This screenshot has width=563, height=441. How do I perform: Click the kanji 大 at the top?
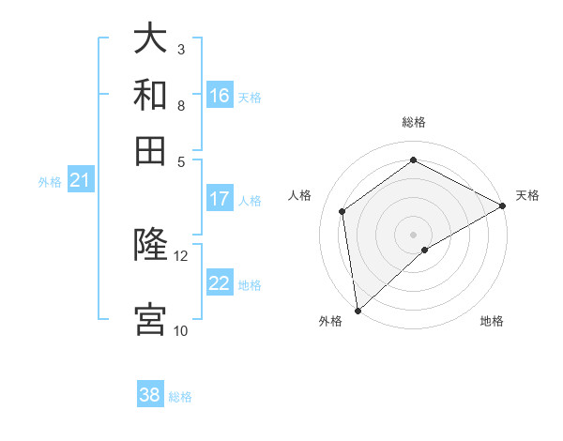150,39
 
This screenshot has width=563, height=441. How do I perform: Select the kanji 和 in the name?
150,95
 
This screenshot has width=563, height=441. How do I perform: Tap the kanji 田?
150,150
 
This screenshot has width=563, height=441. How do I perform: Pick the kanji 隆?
150,245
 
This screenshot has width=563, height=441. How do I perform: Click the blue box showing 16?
220,96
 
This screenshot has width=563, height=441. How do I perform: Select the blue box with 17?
220,199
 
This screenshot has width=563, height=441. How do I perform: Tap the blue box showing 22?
220,283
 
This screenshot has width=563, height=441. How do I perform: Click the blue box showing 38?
150,395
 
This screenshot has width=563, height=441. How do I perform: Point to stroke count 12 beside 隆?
181,255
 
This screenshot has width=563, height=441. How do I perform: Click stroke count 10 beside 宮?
181,330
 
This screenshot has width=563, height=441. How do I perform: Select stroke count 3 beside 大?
181,49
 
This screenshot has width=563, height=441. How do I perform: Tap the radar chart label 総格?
413,122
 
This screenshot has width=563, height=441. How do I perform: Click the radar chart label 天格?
527,195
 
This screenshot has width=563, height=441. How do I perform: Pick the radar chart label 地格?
492,322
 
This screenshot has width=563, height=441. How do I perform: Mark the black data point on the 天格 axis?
503,205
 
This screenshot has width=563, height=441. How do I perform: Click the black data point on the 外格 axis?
358,310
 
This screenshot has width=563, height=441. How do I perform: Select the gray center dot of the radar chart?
413,234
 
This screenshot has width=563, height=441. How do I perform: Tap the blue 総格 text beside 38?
180,397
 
